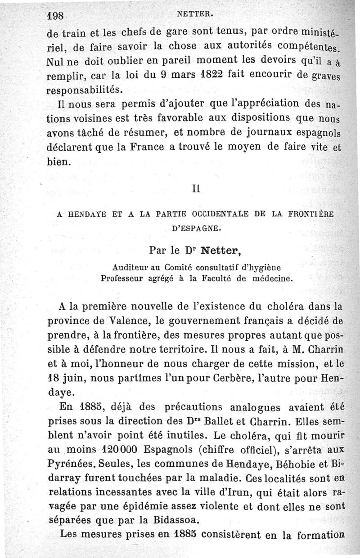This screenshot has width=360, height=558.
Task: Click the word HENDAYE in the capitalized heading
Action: coord(89,215)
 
